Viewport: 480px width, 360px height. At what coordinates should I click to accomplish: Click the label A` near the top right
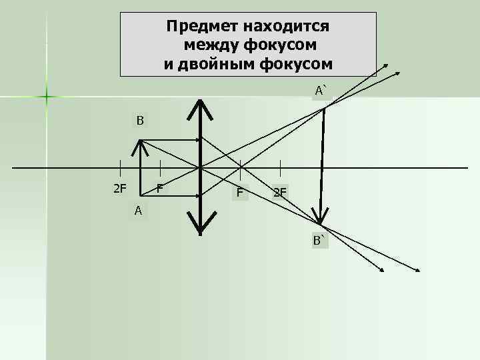[x=322, y=90]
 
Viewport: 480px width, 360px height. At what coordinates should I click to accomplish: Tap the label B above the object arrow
[x=140, y=121]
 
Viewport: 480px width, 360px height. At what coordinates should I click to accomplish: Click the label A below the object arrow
[x=137, y=211]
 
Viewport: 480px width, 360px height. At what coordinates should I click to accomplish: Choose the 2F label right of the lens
[x=280, y=193]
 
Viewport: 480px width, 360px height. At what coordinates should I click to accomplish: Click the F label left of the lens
[x=160, y=188]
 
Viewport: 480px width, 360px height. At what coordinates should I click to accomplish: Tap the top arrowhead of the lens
[x=200, y=103]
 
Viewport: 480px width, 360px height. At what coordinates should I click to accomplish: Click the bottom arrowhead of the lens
[x=200, y=230]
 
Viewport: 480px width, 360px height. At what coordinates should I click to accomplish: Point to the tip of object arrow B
[x=141, y=141]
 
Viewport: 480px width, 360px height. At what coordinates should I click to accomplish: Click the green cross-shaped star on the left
[x=47, y=97]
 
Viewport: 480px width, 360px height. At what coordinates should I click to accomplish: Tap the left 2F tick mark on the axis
[x=120, y=167]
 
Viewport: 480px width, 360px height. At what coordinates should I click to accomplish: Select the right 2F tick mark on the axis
[x=280, y=167]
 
